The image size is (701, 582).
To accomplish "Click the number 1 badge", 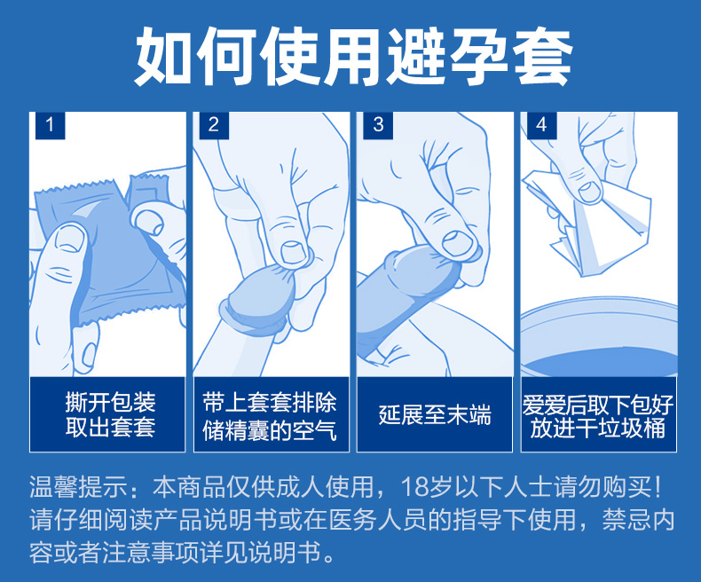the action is pyautogui.click(x=50, y=125).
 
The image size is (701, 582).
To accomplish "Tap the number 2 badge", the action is pyautogui.click(x=214, y=125).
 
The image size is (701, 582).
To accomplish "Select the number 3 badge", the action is pyautogui.click(x=378, y=125).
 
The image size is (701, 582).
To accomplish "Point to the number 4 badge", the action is pyautogui.click(x=541, y=125).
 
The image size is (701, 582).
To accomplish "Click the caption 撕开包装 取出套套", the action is pyautogui.click(x=110, y=414).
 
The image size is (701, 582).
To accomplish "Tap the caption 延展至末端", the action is pyautogui.click(x=435, y=415).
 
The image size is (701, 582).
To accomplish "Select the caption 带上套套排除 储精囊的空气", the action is pyautogui.click(x=270, y=416).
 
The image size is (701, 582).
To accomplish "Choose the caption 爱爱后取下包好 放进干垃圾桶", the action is pyautogui.click(x=598, y=416).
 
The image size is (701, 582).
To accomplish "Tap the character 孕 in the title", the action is pyautogui.click(x=479, y=56).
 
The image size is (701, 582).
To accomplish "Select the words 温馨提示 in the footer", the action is pyautogui.click(x=79, y=487).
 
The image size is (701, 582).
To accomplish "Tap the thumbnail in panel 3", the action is pyautogui.click(x=457, y=244).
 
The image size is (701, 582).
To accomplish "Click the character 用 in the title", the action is pyautogui.click(x=353, y=56).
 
